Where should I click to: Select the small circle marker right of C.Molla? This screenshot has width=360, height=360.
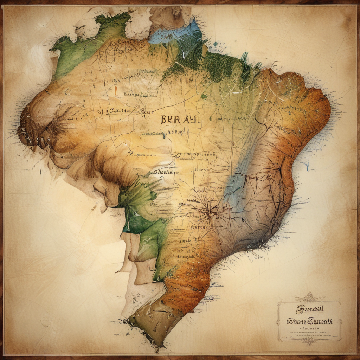(x=143, y=112)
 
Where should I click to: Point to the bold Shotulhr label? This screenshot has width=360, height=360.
(x=166, y=173)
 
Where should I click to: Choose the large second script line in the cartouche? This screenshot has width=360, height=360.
(x=309, y=321)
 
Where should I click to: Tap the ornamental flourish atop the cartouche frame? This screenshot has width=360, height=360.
(x=309, y=297)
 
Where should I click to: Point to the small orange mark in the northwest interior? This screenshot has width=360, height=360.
(x=115, y=91)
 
